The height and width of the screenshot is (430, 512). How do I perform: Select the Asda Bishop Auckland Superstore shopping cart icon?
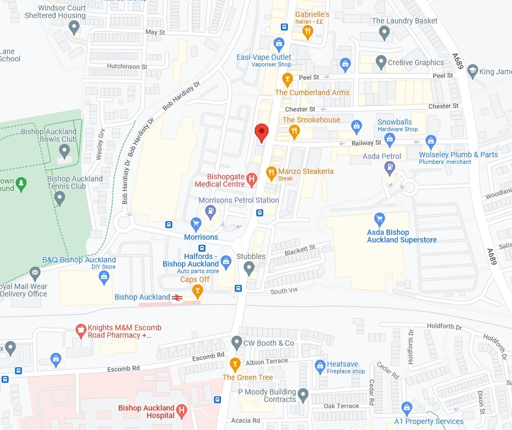click(380, 218)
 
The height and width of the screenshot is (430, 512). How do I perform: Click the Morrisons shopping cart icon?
click(196, 223)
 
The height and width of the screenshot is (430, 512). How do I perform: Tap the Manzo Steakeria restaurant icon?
click(271, 172)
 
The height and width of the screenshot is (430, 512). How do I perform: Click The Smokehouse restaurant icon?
click(294, 130)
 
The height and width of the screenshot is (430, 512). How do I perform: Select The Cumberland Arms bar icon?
click(287, 80)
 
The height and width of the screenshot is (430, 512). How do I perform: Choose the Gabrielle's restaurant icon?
click(307, 32)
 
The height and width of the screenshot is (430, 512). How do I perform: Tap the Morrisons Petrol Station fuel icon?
click(211, 212)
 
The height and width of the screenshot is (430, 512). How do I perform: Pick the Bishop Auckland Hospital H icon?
click(181, 411)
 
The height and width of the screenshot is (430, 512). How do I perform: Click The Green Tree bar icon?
click(234, 365)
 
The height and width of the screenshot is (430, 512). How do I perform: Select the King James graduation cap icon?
click(472, 71)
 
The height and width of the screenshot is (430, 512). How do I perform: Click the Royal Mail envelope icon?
click(35, 274)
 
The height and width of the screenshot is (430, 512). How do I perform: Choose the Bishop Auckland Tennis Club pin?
click(60, 198)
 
